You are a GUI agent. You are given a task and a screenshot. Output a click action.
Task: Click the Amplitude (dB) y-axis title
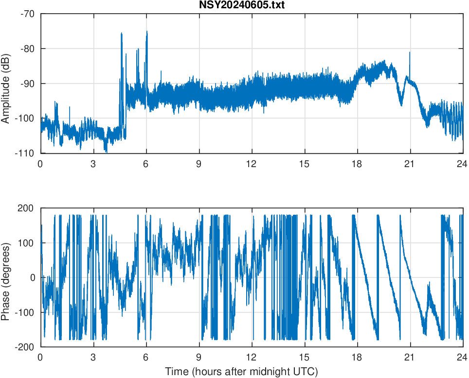5,84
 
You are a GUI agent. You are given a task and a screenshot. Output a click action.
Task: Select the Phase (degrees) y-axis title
5,277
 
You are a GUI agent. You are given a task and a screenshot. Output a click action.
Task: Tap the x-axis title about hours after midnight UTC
241,372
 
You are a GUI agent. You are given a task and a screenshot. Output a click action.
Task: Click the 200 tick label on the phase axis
27,208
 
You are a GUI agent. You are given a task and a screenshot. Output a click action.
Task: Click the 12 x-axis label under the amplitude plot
252,164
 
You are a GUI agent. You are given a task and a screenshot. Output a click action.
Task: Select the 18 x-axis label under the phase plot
357,357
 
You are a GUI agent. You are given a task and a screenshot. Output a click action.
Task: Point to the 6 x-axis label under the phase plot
146,357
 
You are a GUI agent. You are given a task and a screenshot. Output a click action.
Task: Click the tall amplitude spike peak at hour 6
146,32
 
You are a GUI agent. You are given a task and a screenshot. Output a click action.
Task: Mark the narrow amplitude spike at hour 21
410,52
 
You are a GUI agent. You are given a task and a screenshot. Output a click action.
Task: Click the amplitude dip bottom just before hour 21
401,105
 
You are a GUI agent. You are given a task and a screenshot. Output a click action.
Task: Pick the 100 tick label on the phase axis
27,243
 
